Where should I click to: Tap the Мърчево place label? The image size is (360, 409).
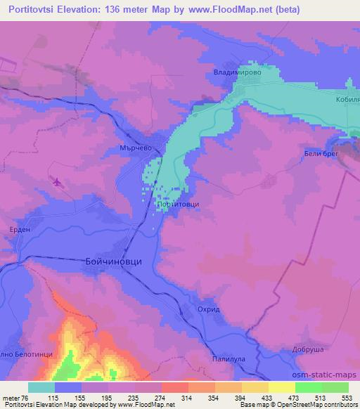click(x=136, y=148)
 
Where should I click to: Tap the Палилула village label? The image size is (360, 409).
click(x=229, y=358)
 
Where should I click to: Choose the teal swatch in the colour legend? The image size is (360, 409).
click(x=41, y=387)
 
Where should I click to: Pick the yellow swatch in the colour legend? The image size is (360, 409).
click(x=281, y=387)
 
